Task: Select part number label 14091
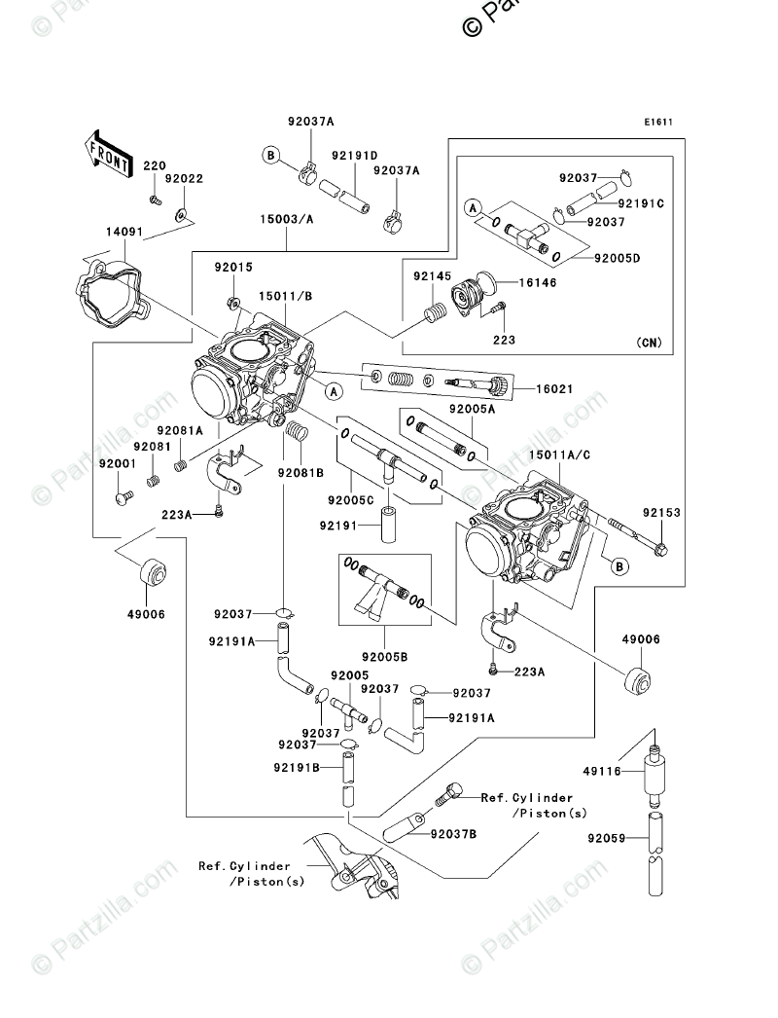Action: [x=125, y=233]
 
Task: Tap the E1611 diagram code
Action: [x=658, y=123]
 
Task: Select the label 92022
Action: [x=183, y=179]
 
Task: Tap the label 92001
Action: [x=117, y=465]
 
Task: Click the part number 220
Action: [x=155, y=166]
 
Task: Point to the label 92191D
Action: [x=354, y=155]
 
